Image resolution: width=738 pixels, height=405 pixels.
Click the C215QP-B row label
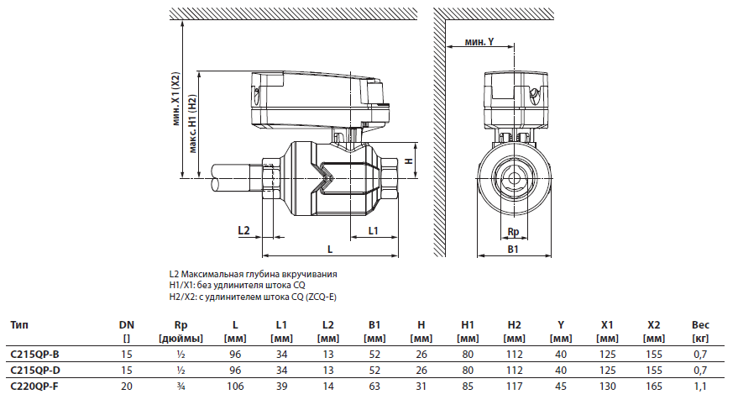tap(34, 355)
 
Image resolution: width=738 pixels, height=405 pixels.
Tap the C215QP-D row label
tap(34, 370)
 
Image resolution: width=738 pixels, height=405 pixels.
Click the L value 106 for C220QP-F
tap(236, 386)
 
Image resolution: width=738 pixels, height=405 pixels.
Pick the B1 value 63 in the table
tap(375, 386)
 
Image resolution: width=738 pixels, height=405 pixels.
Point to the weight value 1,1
tap(699, 386)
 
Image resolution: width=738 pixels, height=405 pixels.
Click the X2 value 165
tap(653, 386)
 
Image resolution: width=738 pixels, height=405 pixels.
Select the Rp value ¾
tap(179, 386)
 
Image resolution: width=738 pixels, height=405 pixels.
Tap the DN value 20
tap(127, 386)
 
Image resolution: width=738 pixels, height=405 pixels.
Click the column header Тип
tap(21, 324)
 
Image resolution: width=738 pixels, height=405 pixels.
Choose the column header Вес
tap(699, 324)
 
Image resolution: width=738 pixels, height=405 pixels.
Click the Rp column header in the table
tap(179, 324)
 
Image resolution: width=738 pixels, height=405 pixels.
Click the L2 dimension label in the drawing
tap(244, 230)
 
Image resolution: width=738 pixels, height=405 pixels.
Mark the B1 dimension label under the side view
tap(513, 250)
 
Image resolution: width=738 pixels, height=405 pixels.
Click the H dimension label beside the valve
tap(409, 160)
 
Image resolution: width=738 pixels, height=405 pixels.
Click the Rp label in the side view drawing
tap(513, 231)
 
